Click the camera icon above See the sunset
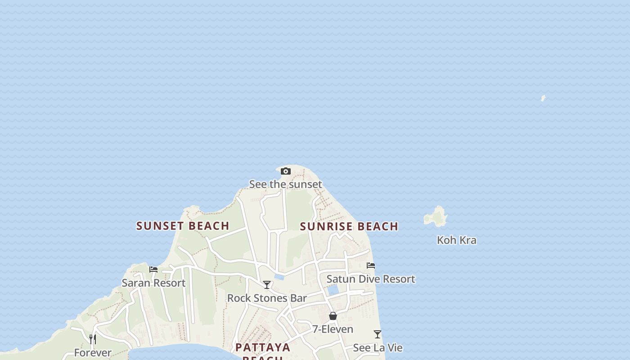(x=285, y=171)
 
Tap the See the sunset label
(x=285, y=184)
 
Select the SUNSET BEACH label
(x=183, y=226)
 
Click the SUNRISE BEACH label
(x=349, y=226)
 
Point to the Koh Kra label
(x=456, y=240)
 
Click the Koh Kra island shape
(x=436, y=217)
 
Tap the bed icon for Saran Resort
(x=153, y=270)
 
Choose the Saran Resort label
(x=153, y=283)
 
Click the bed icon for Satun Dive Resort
(x=371, y=265)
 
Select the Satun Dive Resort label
(x=370, y=279)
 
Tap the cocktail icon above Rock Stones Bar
(x=267, y=285)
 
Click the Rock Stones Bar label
(x=267, y=298)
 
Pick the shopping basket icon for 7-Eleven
(x=333, y=316)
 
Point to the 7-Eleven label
(x=333, y=329)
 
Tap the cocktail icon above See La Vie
(x=378, y=334)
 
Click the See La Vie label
(x=378, y=348)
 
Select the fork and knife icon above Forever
(x=93, y=339)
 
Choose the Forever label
(x=93, y=353)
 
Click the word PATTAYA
(x=263, y=347)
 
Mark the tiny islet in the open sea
(x=543, y=98)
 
